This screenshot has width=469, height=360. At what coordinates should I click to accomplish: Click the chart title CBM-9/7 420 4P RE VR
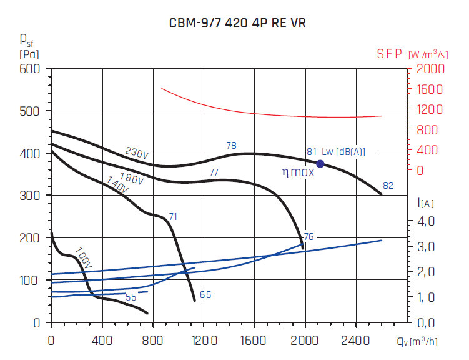coord(238,24)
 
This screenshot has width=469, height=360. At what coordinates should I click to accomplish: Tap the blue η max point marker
coord(320,164)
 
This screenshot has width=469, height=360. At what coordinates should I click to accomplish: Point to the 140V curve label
coord(118,185)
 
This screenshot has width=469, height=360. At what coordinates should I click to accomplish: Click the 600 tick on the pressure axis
coord(29,69)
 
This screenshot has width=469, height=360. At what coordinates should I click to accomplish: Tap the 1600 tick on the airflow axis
coord(254,341)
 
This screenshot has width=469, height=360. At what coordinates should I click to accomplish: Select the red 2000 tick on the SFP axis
coord(430,69)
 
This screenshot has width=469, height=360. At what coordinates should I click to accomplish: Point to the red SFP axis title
coord(390,54)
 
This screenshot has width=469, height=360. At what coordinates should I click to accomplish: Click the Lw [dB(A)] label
coord(343,152)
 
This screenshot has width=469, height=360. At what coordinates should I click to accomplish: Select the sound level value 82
coord(388,186)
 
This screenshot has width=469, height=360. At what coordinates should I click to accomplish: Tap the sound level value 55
coord(131,297)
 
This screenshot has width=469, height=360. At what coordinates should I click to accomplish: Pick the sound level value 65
coord(205,295)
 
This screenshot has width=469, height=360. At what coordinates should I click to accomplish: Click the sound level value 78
coord(231,146)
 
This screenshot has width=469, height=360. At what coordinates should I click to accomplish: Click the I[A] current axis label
coord(427,202)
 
